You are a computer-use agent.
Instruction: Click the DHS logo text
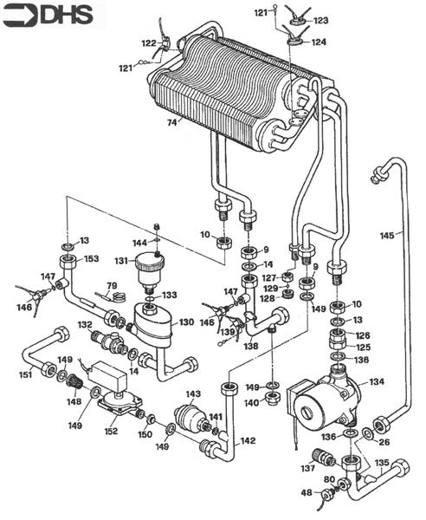click(68, 15)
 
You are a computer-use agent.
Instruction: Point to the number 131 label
click(121, 260)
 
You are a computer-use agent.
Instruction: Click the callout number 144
click(139, 243)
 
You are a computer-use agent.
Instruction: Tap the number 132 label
click(85, 324)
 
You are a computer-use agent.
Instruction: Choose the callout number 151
click(26, 374)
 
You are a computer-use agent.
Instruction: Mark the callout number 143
click(192, 394)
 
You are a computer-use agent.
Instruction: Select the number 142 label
click(248, 441)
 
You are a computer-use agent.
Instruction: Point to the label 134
click(377, 380)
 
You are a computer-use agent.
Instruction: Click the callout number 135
click(382, 463)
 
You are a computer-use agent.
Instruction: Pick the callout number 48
click(307, 493)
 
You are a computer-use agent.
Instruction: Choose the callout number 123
click(320, 19)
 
